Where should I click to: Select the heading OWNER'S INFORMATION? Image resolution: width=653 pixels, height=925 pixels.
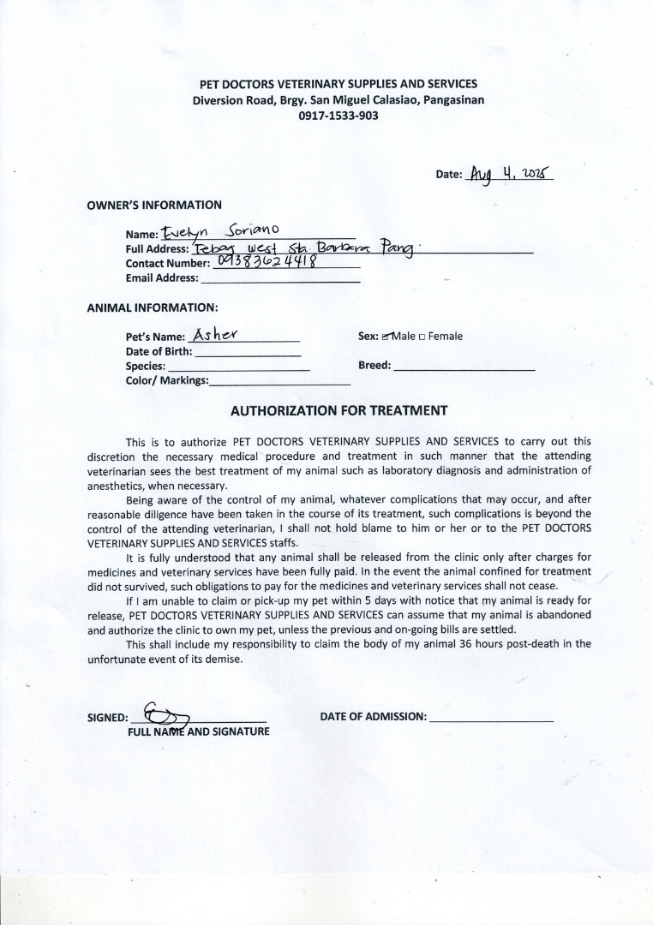coord(154,206)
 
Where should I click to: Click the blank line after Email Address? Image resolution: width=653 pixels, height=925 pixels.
coord(280,279)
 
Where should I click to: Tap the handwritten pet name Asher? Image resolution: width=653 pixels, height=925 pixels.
coord(215,335)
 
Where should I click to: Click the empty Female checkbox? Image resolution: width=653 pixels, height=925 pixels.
coord(422,337)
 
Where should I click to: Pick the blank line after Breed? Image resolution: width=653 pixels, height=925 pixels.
coord(464,367)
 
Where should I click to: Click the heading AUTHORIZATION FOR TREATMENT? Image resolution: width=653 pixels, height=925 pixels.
coord(338,411)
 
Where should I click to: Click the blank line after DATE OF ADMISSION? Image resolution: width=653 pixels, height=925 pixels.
coord(491,718)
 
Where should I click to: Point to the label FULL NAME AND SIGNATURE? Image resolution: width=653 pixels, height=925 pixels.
coord(198,731)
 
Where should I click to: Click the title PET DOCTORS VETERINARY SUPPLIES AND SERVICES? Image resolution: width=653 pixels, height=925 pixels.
coord(338,84)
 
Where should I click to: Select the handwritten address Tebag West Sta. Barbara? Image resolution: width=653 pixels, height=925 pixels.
coord(304,248)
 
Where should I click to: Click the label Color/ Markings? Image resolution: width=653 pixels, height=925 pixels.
coord(167,381)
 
